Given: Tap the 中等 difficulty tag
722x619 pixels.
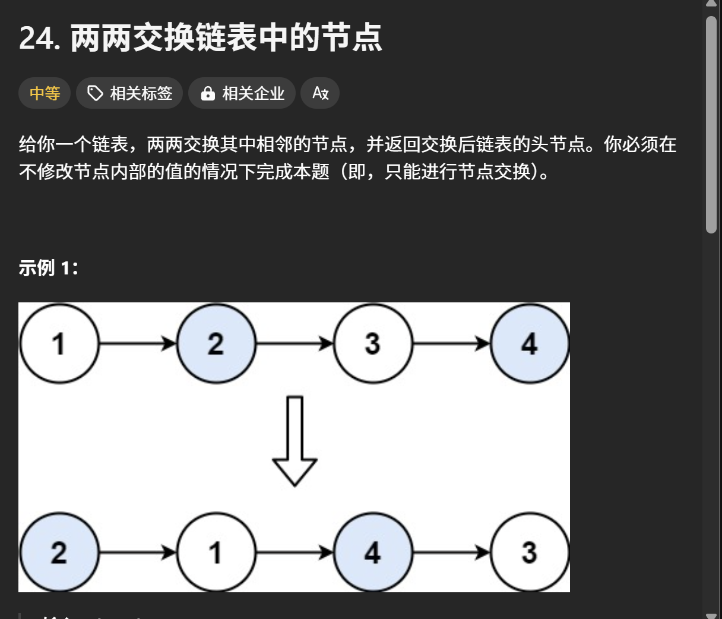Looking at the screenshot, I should coord(45,93).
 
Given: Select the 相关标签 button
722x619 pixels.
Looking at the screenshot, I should coord(129,93).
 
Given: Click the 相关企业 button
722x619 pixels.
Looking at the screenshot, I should coord(242,93).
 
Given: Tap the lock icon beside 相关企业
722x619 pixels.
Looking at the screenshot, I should coord(207,94).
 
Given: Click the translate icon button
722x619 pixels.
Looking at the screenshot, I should coord(320,93).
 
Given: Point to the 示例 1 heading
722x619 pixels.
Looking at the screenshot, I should coord(48,268).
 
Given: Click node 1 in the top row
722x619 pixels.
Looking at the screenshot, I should coord(59,344).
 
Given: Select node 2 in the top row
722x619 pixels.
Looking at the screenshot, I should coord(216,344).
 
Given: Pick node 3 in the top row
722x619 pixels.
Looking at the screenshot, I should coord(372,344).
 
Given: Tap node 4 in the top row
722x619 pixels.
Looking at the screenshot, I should coord(529,344).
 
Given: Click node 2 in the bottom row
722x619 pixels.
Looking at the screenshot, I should coord(59,552).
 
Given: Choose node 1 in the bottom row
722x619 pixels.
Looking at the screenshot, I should coord(216,552).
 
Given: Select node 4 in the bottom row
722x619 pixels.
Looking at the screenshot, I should coord(372,552).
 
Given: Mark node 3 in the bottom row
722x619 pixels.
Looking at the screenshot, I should coord(529,552).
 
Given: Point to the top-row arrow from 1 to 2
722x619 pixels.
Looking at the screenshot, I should coord(138,343).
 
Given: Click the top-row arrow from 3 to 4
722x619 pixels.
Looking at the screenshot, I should coord(451,343).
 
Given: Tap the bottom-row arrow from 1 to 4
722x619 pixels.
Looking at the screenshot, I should coord(294,552).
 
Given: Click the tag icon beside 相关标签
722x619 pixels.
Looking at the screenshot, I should coord(95,93).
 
